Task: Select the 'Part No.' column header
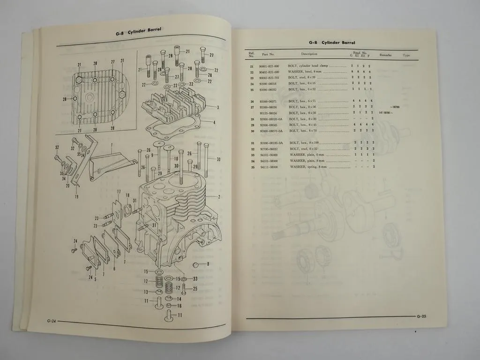click(x=269, y=54)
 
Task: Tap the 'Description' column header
click(x=309, y=54)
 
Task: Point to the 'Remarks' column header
click(x=385, y=55)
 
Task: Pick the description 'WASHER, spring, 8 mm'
click(x=309, y=167)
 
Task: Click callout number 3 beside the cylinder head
click(x=218, y=107)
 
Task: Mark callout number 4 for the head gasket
click(x=214, y=123)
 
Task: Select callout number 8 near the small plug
click(x=208, y=264)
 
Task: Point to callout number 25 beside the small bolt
click(x=195, y=288)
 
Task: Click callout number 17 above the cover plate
click(x=119, y=192)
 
